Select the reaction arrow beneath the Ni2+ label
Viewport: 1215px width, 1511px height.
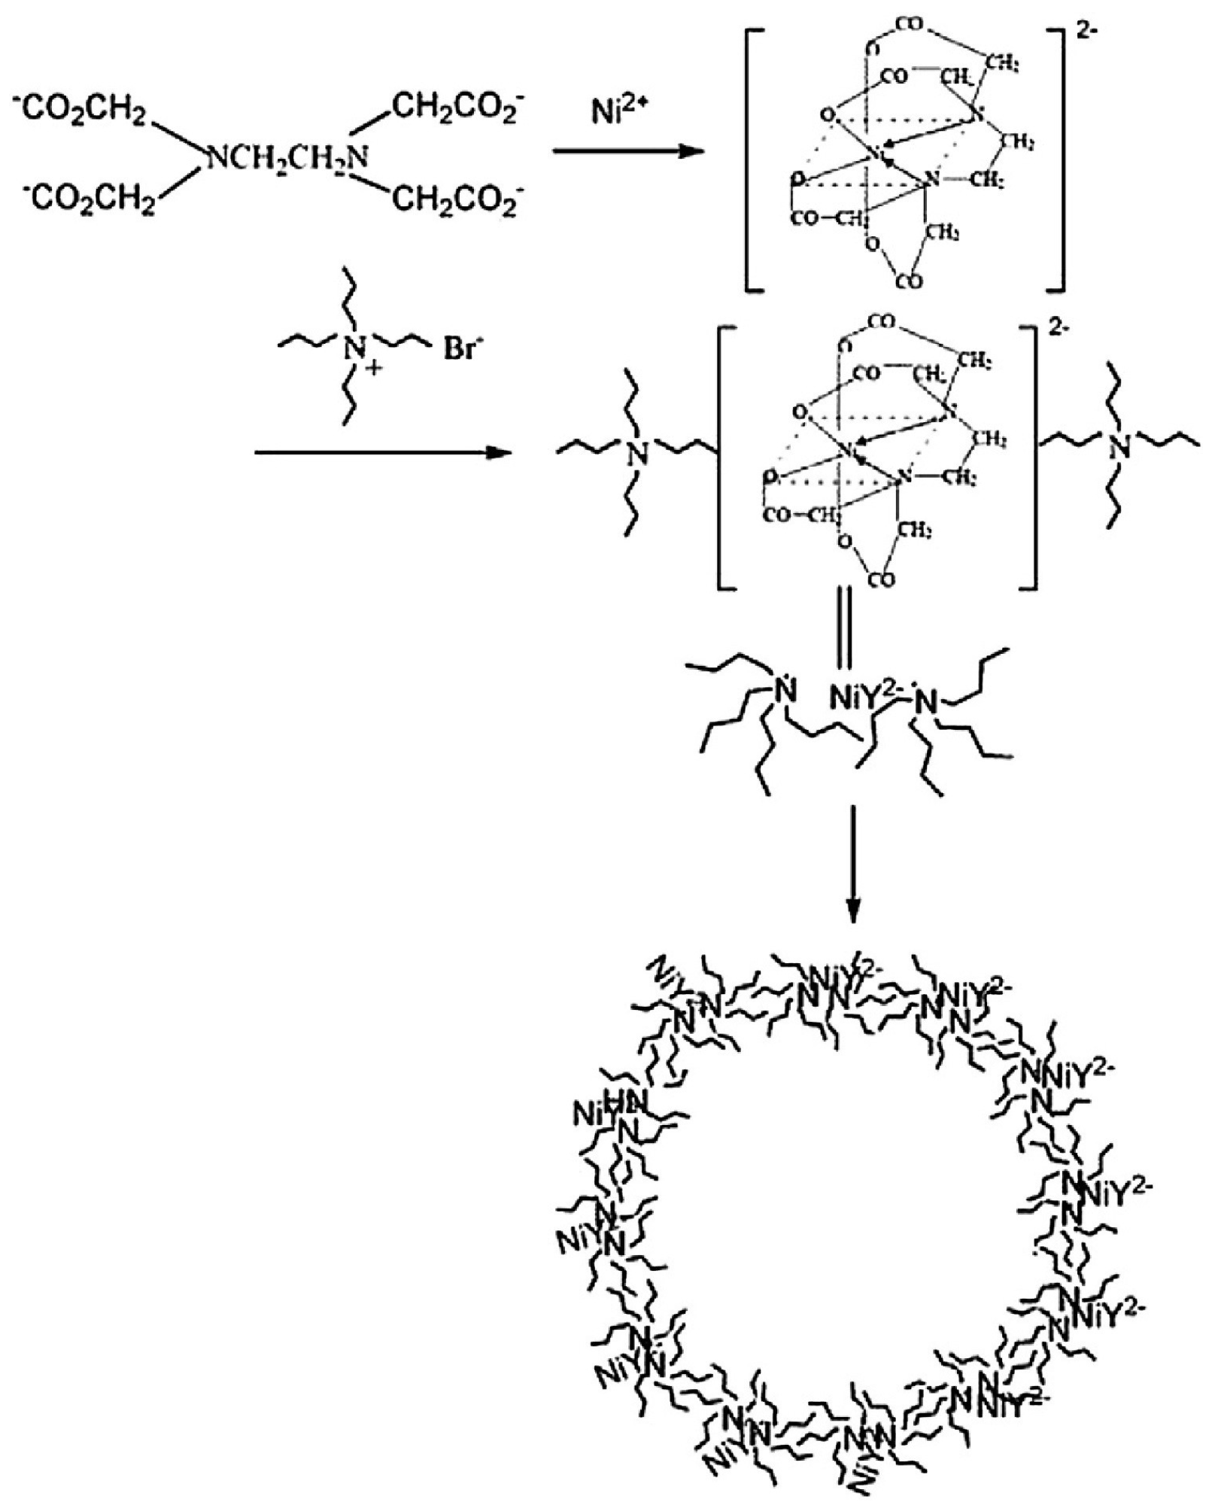pyautogui.click(x=628, y=152)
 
